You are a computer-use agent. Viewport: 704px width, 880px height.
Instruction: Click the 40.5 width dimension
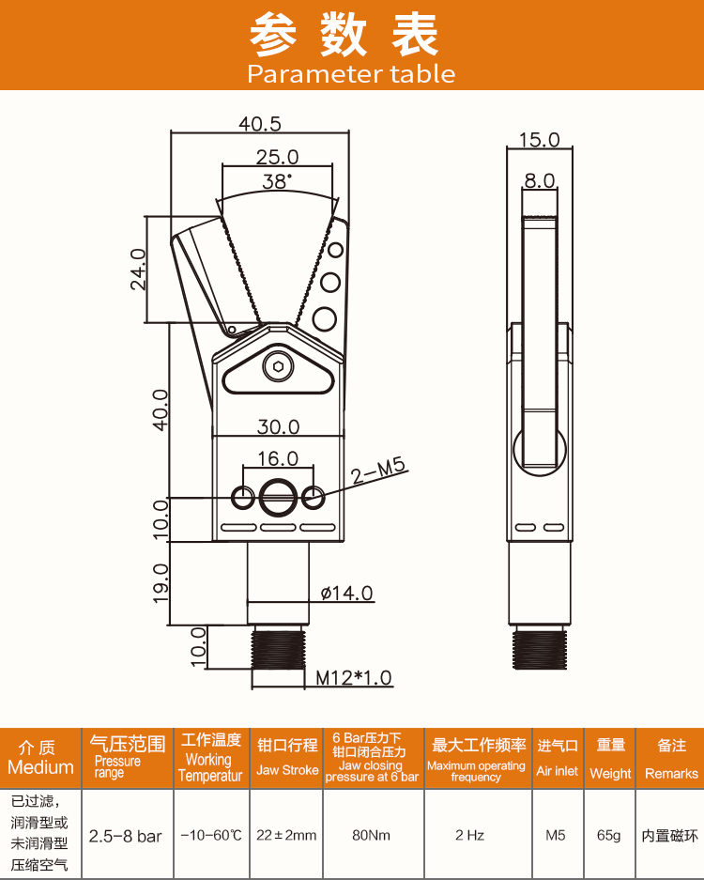click(260, 123)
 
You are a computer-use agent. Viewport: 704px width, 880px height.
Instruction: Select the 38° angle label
click(277, 181)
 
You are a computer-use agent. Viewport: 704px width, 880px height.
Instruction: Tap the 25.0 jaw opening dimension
click(277, 157)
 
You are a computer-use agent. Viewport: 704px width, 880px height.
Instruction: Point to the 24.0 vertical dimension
click(138, 270)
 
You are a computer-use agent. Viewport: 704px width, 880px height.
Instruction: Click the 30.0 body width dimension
click(278, 427)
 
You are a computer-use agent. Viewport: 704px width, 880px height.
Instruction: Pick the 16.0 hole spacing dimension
click(278, 458)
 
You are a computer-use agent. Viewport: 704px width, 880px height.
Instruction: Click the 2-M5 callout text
click(378, 471)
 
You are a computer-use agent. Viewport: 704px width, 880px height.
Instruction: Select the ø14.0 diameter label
click(346, 594)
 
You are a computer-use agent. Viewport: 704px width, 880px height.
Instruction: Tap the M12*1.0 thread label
click(353, 678)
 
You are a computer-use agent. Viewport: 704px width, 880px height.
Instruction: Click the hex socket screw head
click(278, 367)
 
